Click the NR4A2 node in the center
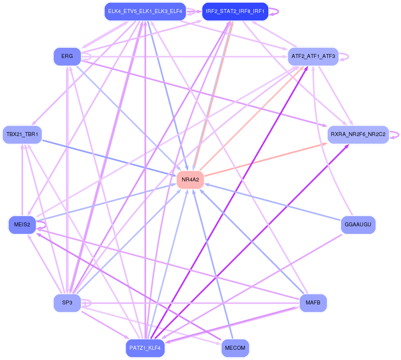190,180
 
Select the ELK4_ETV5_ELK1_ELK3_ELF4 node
145,11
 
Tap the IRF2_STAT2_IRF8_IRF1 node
235,11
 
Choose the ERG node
67,56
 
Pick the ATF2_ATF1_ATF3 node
313,56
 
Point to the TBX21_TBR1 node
22,134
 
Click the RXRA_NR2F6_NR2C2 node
358,134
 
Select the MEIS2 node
22,225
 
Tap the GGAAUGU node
358,225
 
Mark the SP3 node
67,303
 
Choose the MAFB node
313,303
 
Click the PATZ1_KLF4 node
145,348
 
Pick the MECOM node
235,348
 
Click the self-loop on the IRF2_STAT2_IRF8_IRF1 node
274,11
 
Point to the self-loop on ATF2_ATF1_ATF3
344,56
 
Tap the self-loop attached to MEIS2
42,225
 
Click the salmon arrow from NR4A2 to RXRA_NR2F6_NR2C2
266,160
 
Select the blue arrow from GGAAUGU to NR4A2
273,202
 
